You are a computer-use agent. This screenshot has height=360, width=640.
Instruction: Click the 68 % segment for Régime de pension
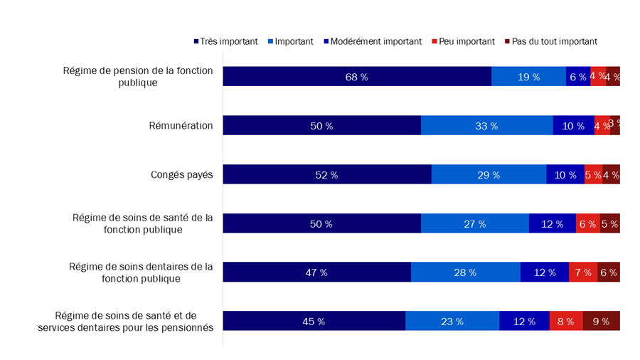(x=356, y=77)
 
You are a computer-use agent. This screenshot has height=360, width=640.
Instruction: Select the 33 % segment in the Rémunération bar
(x=486, y=126)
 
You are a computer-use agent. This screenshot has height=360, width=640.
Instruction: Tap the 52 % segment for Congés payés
(x=326, y=174)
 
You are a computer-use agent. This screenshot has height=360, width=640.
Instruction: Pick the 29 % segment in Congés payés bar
(x=489, y=174)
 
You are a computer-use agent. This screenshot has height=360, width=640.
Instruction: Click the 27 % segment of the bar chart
(x=474, y=223)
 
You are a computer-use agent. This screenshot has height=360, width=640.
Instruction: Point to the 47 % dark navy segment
(x=316, y=272)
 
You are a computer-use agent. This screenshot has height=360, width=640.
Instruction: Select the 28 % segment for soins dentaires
(x=465, y=272)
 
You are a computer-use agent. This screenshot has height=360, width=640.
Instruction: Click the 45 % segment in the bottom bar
(x=314, y=322)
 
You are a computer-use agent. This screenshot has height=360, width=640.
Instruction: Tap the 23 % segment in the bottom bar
(x=452, y=322)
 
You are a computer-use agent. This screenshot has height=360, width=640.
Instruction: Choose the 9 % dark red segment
(x=601, y=322)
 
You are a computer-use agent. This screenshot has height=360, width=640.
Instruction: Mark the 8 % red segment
(x=566, y=322)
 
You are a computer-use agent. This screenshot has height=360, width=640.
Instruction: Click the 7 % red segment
(x=582, y=272)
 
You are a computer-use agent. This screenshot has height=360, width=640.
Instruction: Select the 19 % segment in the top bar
(x=528, y=77)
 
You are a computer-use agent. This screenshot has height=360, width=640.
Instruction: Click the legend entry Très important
(x=225, y=41)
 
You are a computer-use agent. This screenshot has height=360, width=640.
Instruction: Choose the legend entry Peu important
(x=463, y=41)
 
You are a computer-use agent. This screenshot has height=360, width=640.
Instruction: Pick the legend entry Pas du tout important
(x=550, y=41)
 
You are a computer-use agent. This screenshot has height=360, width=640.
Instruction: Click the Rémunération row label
(x=182, y=126)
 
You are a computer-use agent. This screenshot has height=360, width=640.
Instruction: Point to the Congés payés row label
(x=181, y=174)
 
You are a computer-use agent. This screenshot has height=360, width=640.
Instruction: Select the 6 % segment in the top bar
(x=578, y=77)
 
